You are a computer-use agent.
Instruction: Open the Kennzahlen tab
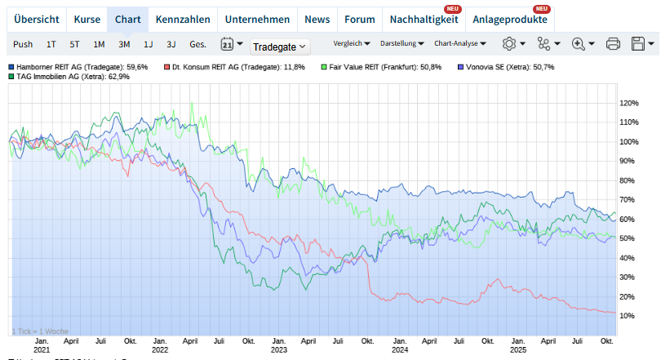[183, 19]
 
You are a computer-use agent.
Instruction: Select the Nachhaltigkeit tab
[424, 19]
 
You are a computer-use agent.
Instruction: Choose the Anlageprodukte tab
[510, 19]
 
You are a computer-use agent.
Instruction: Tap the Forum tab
[360, 19]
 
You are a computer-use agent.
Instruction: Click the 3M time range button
[124, 44]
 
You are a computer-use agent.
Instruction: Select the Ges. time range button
[197, 44]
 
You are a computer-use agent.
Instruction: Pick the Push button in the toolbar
[23, 44]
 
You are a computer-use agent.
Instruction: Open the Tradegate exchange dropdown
[280, 47]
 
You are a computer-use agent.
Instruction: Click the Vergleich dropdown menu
[352, 43]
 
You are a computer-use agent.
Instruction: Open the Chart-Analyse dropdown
[460, 43]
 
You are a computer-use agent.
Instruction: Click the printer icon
[614, 44]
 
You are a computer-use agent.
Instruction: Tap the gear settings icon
[509, 44]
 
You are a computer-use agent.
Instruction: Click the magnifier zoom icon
[579, 44]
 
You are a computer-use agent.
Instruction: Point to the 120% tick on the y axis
[628, 104]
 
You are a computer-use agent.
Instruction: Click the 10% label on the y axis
[628, 316]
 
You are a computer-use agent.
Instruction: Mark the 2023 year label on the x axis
[278, 349]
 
